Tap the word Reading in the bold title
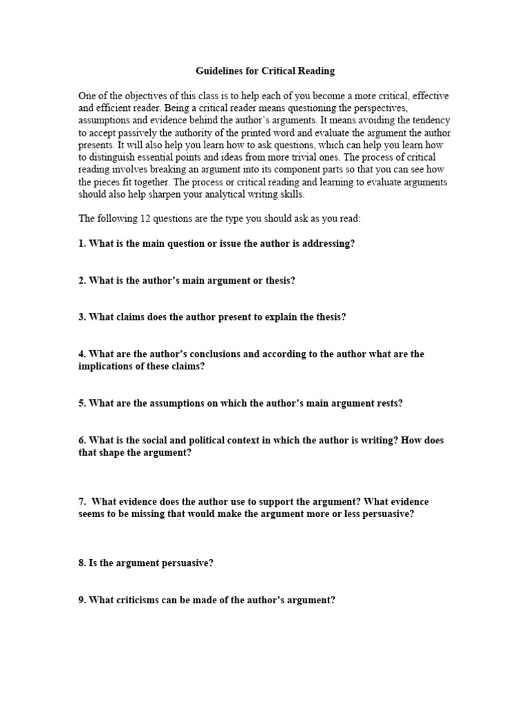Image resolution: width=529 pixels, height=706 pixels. pos(315,71)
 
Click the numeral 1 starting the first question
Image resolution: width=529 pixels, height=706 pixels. pos(81,244)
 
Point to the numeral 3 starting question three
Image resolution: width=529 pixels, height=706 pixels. pos(81,317)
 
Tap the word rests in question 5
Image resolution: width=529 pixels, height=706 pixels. pos(388,404)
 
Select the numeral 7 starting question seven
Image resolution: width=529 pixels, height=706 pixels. pos(81,502)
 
